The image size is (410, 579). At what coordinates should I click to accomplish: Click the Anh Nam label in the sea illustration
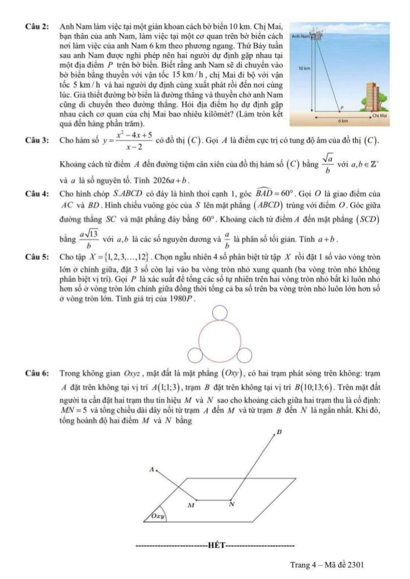click(x=300, y=36)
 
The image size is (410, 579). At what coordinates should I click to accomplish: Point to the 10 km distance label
click(x=304, y=67)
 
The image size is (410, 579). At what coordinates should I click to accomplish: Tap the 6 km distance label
click(x=342, y=121)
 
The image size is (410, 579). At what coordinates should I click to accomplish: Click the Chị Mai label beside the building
click(x=379, y=115)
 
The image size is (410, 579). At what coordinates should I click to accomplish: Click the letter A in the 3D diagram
click(x=151, y=468)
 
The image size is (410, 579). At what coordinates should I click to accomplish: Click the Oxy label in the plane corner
click(x=157, y=516)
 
